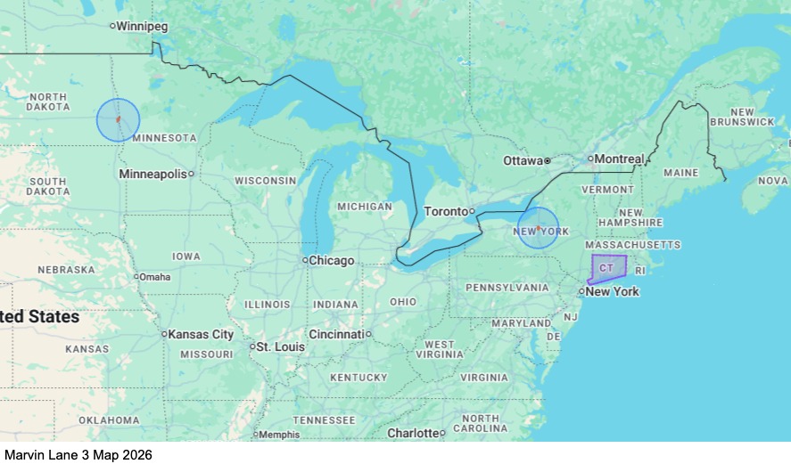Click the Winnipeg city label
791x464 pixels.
[142, 26]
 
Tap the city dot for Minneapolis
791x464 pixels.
[191, 174]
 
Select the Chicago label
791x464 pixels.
[332, 261]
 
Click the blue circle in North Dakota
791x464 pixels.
[119, 119]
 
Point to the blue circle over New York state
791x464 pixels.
[538, 227]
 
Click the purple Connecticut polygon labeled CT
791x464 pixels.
[609, 267]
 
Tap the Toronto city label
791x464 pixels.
[445, 211]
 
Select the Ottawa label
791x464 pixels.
[523, 161]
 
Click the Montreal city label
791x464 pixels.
[619, 159]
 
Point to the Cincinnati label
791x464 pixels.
[336, 334]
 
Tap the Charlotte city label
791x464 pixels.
[413, 433]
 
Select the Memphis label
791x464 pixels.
[280, 435]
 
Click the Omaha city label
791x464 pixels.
[154, 276]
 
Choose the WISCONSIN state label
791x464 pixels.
[266, 180]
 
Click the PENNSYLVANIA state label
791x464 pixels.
[507, 288]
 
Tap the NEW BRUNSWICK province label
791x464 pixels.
[742, 116]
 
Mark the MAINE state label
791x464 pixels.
[680, 172]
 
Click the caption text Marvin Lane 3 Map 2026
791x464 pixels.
[78, 454]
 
